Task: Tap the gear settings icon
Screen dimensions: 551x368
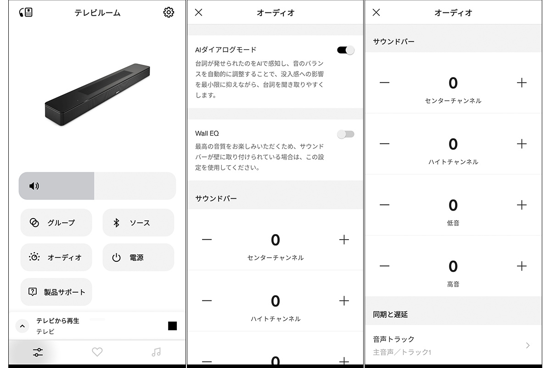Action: click(169, 12)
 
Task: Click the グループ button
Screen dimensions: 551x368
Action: click(56, 223)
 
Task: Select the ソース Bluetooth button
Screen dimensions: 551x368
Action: click(138, 223)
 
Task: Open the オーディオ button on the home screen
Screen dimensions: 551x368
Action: click(56, 257)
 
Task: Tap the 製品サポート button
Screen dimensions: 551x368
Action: click(56, 292)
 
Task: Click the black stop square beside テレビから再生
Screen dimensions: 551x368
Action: click(173, 326)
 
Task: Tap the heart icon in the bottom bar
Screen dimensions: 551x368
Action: click(97, 352)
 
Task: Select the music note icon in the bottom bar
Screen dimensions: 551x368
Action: click(156, 352)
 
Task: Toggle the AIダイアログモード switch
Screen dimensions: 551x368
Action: click(346, 50)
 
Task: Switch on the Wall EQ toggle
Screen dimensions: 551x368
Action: click(346, 134)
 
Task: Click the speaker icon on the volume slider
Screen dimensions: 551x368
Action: click(34, 186)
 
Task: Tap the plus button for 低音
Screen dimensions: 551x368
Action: click(522, 205)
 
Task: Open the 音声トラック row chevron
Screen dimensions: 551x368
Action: click(528, 345)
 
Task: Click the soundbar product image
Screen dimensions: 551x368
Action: click(97, 95)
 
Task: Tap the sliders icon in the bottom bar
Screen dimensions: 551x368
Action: click(38, 352)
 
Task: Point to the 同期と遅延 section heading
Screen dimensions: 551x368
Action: click(390, 314)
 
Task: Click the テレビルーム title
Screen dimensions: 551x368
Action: click(97, 12)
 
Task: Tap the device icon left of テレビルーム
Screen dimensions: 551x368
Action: click(26, 12)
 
